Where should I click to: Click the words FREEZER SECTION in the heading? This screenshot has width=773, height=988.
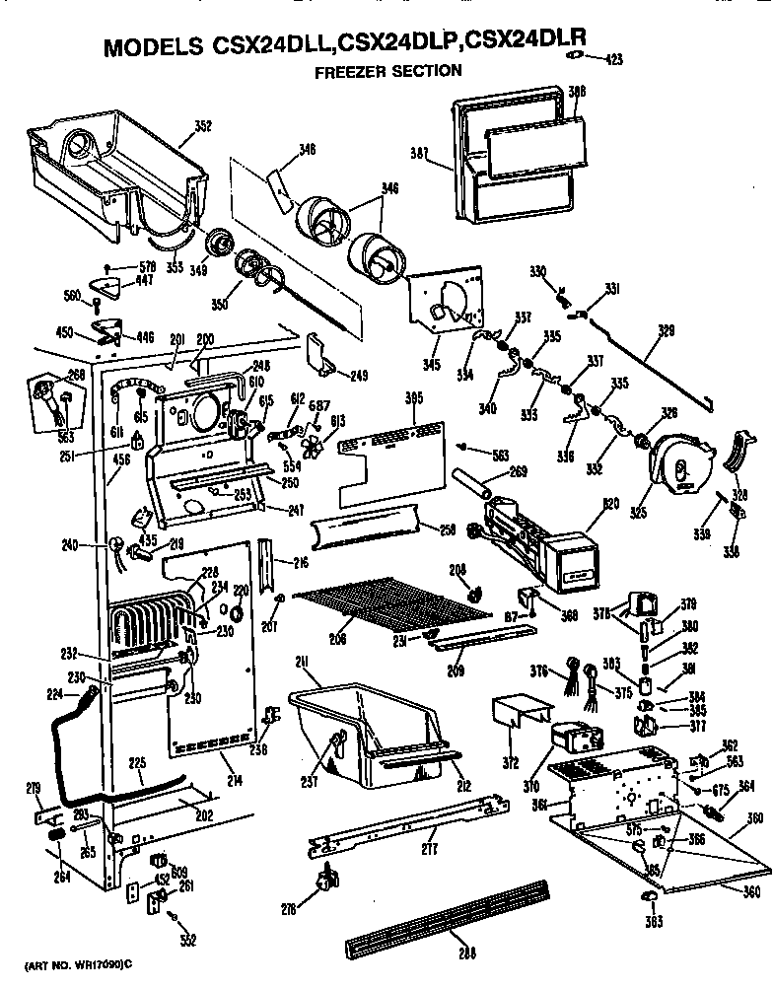click(x=387, y=70)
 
